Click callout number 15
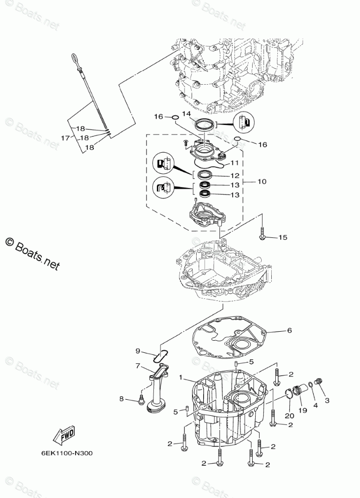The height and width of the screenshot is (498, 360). coord(282,237)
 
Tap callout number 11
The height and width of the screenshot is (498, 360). coord(235,163)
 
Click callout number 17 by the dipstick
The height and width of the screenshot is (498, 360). coord(65,138)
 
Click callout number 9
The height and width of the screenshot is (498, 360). coord(137,350)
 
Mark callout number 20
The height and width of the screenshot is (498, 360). coord(288,415)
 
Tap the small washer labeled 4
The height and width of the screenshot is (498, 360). coord(310,386)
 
